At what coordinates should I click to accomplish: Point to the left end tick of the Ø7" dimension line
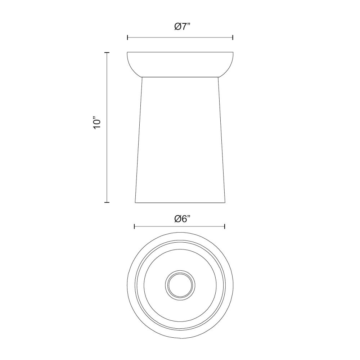(127, 37)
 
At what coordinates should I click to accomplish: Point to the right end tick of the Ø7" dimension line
(233, 37)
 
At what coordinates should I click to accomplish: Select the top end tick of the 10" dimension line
(107, 53)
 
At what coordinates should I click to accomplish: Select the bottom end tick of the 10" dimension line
(107, 202)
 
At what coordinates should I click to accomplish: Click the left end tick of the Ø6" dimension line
(134, 226)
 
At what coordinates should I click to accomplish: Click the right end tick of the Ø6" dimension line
(225, 226)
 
